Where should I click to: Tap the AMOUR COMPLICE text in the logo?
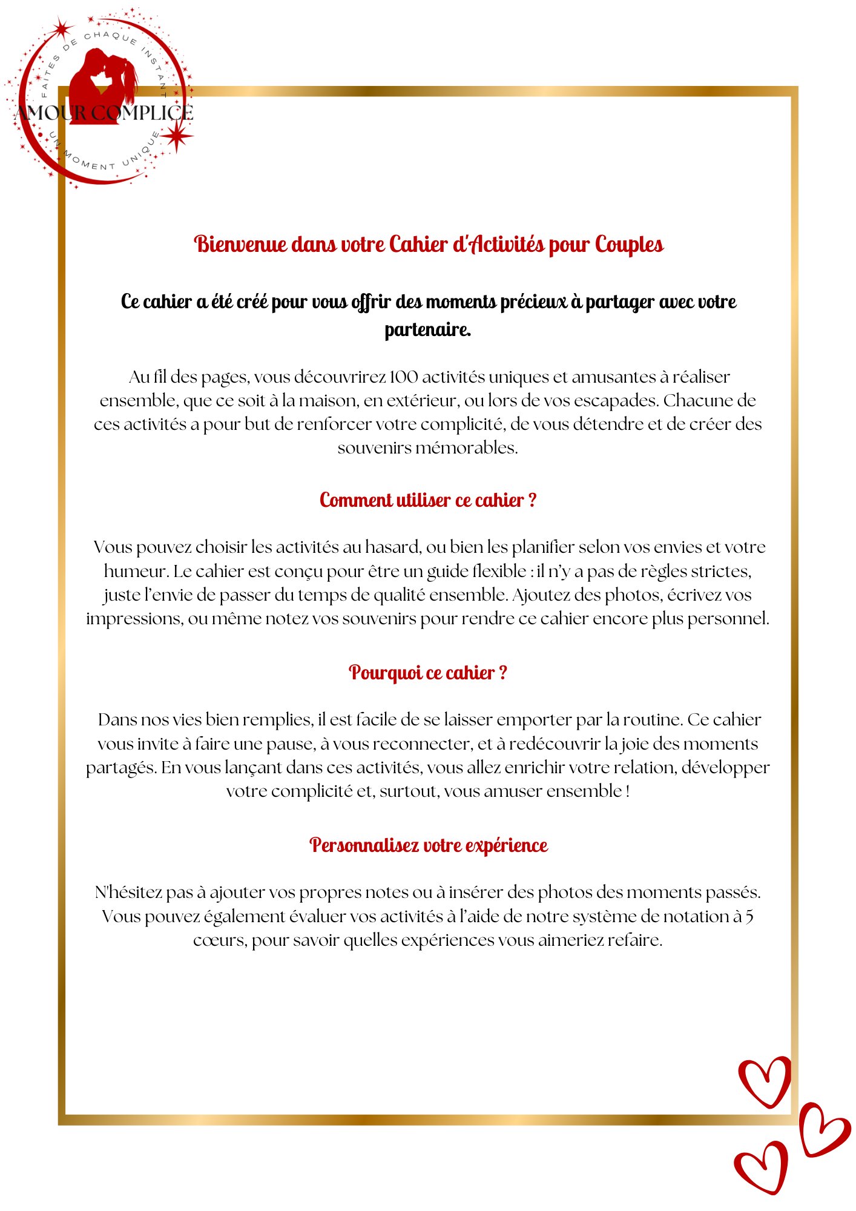pyautogui.click(x=104, y=113)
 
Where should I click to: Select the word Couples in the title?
pyautogui.click(x=629, y=244)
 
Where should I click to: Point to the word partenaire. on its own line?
pyautogui.click(x=428, y=330)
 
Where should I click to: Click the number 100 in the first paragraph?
pyautogui.click(x=404, y=377)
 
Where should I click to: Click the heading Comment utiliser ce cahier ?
pyautogui.click(x=428, y=500)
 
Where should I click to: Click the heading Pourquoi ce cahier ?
pyautogui.click(x=428, y=673)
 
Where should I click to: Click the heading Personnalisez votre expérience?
pyautogui.click(x=428, y=845)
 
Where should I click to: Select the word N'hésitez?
pyautogui.click(x=128, y=893)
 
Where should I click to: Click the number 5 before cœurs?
pyautogui.click(x=749, y=917)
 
